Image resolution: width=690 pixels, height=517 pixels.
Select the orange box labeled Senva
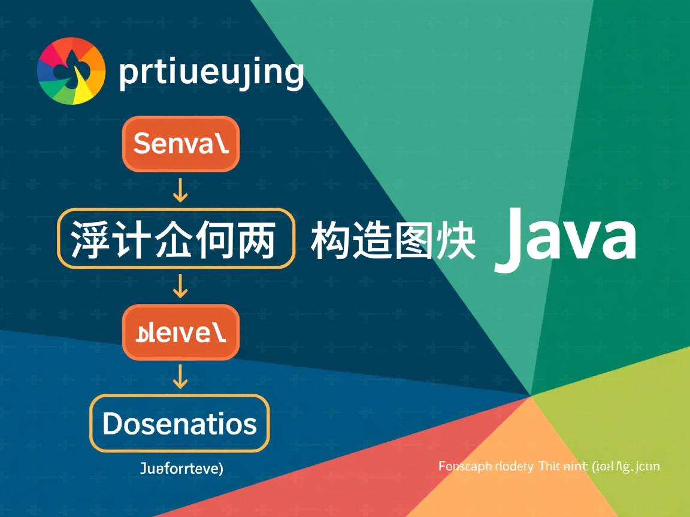(x=180, y=144)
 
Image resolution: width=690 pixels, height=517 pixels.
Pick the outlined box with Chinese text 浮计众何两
(x=175, y=238)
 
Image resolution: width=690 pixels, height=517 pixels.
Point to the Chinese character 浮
(x=90, y=239)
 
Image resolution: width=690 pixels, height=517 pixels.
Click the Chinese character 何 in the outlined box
(x=214, y=239)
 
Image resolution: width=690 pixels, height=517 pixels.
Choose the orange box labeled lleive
(x=180, y=332)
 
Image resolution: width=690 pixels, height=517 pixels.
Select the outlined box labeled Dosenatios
(x=179, y=424)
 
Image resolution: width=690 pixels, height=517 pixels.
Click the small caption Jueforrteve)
(x=181, y=468)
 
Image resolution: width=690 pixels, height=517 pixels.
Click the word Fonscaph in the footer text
(x=465, y=466)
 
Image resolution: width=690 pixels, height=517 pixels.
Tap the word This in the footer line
(x=548, y=466)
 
